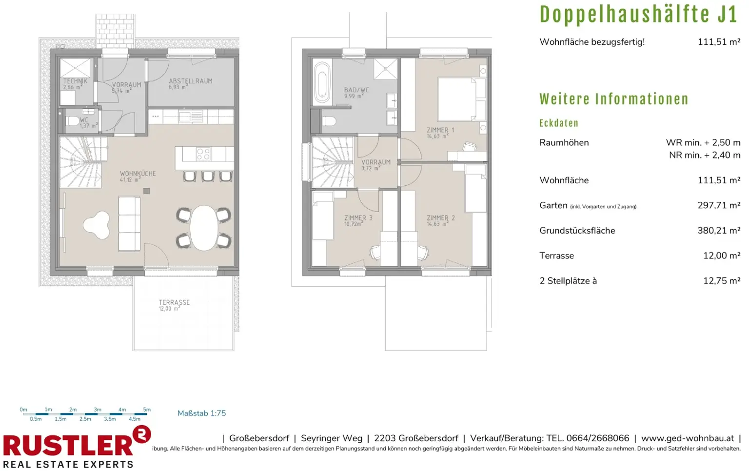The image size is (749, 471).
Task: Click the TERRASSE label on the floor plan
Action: tap(174, 302)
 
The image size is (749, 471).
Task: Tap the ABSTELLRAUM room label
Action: tap(191, 81)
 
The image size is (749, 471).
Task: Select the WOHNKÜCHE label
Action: tap(138, 174)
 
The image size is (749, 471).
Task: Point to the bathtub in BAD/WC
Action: tap(322, 82)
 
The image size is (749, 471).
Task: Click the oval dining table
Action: tap(204, 228)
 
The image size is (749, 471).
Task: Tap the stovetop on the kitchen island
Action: tap(203, 154)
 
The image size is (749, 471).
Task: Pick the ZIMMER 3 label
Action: tap(358, 218)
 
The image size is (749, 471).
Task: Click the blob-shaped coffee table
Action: tap(97, 225)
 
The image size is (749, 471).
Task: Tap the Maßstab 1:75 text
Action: tap(201, 413)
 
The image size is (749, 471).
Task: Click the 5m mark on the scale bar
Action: tap(147, 410)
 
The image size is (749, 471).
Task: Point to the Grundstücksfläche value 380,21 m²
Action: tap(719, 231)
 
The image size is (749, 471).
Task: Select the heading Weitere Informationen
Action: tap(614, 99)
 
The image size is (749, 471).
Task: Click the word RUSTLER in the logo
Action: tap(68, 446)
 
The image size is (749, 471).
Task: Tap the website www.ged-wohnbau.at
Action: tap(688, 438)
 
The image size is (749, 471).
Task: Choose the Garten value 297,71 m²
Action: tap(719, 205)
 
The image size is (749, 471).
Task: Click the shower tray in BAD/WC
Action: tap(386, 69)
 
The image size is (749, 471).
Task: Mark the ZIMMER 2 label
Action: tap(441, 218)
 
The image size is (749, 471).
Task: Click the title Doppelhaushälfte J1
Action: tap(639, 14)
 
